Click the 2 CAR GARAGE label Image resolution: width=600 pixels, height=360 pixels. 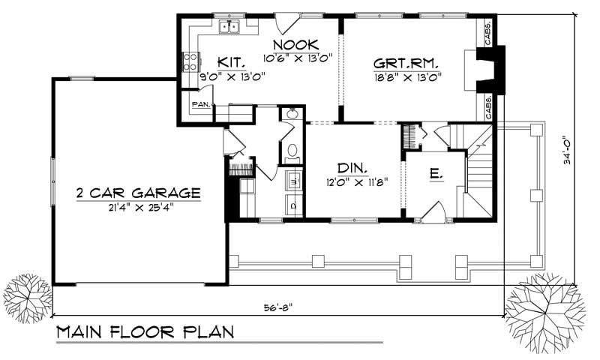(138, 193)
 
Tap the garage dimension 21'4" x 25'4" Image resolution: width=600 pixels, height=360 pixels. (138, 208)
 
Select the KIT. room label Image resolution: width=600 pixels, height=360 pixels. (228, 61)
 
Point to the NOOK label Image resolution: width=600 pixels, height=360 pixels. (299, 44)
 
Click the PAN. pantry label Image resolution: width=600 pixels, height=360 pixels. (199, 104)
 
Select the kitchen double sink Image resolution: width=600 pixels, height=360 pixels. (229, 28)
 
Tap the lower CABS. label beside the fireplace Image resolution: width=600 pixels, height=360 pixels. (489, 106)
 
